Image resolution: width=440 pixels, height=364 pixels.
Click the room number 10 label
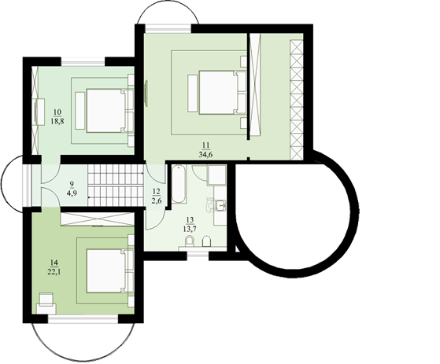tap(57, 112)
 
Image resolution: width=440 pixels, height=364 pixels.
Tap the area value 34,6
tap(205, 154)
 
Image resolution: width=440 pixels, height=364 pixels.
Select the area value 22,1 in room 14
tap(54, 272)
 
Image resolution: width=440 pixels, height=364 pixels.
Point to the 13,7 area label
tap(190, 229)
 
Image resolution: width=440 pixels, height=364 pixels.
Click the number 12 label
tap(157, 191)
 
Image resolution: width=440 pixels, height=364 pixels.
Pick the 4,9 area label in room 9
tap(72, 193)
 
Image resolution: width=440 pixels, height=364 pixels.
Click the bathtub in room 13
tap(179, 184)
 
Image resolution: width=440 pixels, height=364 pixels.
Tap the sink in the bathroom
tap(221, 205)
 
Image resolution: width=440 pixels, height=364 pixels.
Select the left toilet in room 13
tap(190, 241)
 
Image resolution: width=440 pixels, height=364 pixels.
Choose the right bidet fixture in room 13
tap(206, 241)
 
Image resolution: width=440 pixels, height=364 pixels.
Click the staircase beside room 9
tap(116, 185)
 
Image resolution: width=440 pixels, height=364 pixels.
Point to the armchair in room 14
tap(46, 303)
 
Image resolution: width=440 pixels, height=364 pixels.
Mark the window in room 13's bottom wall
tap(198, 256)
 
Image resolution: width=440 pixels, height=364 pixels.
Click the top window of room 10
tap(83, 61)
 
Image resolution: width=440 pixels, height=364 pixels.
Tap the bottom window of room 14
tap(83, 319)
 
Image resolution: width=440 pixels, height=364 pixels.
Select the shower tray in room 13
tap(216, 175)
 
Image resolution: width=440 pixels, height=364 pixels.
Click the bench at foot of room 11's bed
tap(192, 93)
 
